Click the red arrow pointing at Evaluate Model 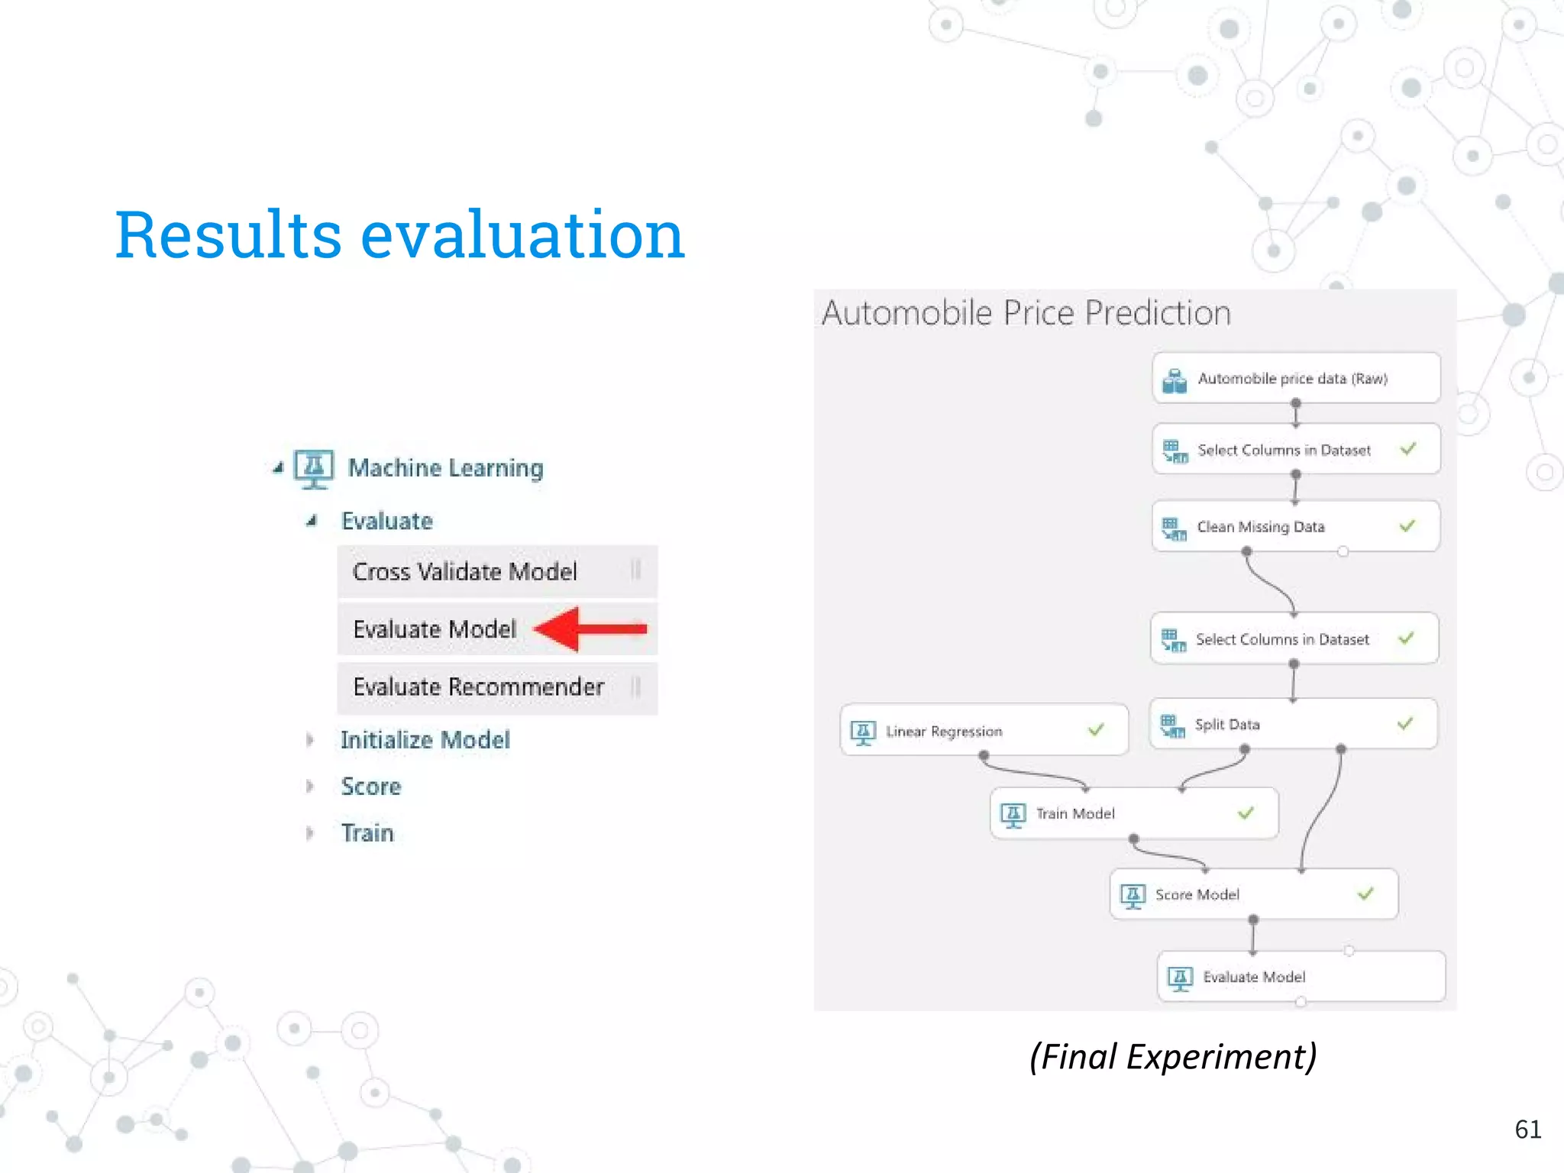click(592, 629)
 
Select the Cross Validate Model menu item click(465, 572)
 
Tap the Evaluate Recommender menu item click(479, 687)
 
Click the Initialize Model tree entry click(425, 740)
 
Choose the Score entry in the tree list click(371, 787)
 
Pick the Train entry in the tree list click(367, 833)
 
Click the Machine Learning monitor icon click(314, 468)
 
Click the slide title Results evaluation click(399, 234)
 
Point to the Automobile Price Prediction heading click(1026, 313)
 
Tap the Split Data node click(1292, 725)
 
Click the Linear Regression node click(983, 731)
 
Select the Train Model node click(1133, 814)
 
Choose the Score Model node click(1252, 894)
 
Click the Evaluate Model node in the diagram click(1301, 977)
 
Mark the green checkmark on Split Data click(1405, 723)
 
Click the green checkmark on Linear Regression click(1096, 730)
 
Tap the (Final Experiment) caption click(1173, 1057)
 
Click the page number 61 click(1527, 1129)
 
